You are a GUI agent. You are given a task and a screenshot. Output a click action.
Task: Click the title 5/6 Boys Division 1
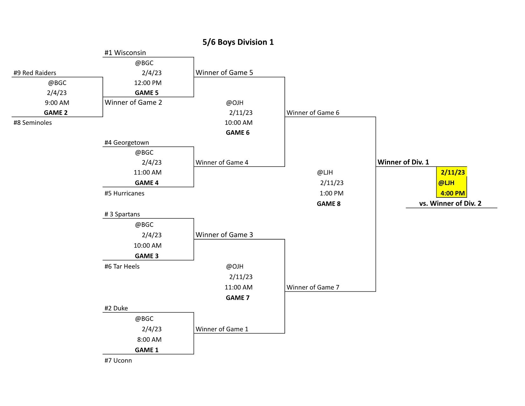[238, 42]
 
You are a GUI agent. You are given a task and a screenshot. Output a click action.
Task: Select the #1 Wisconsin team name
[125, 53]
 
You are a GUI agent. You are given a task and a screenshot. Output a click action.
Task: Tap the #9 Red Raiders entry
[35, 73]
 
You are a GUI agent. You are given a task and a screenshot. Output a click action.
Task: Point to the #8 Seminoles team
[33, 123]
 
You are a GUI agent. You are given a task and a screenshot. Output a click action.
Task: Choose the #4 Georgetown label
[127, 142]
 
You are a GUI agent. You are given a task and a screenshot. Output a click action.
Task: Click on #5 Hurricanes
[124, 193]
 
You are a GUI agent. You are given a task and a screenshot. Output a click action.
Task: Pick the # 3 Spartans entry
[122, 214]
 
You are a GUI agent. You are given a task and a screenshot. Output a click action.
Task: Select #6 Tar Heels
[122, 267]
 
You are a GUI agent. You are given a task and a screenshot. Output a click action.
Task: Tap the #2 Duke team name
[116, 308]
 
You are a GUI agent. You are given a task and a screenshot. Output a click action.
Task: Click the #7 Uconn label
[118, 360]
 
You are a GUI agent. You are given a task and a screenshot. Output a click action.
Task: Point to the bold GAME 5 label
[146, 93]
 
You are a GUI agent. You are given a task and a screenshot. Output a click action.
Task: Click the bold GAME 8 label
[329, 204]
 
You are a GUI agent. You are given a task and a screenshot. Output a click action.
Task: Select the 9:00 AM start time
[57, 103]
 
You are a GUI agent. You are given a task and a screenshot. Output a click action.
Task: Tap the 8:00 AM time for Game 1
[149, 339]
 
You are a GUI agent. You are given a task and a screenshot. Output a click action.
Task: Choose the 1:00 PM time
[332, 193]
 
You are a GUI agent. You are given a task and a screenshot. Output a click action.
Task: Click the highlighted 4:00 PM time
[452, 193]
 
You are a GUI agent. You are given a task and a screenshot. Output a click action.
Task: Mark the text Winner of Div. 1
[403, 162]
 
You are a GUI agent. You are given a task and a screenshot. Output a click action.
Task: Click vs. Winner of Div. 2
[450, 203]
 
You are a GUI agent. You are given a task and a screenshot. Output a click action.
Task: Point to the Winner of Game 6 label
[313, 113]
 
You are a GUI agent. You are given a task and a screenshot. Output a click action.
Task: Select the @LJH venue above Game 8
[325, 172]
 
